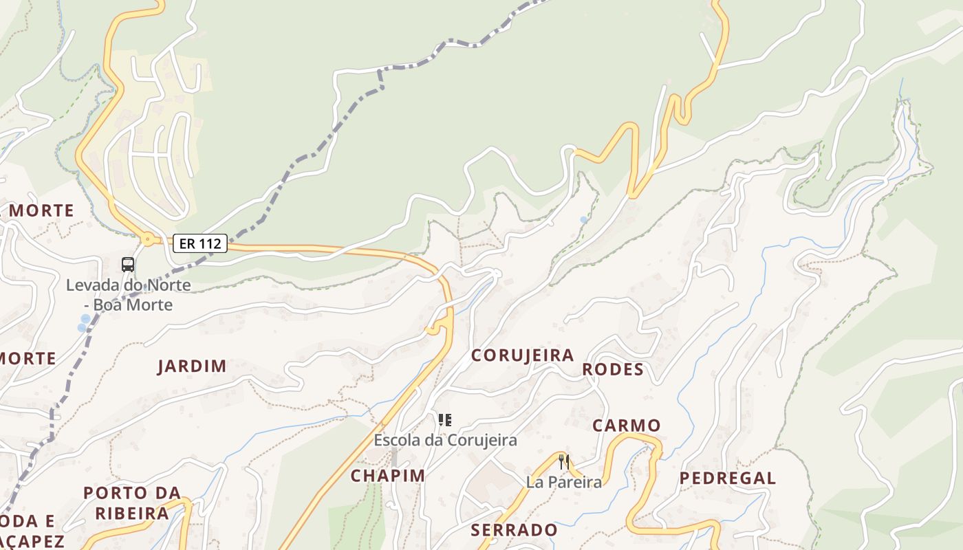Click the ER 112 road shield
pyautogui.click(x=200, y=243)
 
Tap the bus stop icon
pyautogui.click(x=128, y=264)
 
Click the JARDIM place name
pyautogui.click(x=192, y=366)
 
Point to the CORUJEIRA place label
pyautogui.click(x=522, y=355)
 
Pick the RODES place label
pyautogui.click(x=613, y=370)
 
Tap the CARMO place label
pyautogui.click(x=627, y=426)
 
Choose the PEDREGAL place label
pyautogui.click(x=728, y=478)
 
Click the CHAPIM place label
pyautogui.click(x=388, y=476)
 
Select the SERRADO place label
pyautogui.click(x=515, y=530)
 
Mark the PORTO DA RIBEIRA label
pyautogui.click(x=132, y=503)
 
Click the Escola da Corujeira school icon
pyautogui.click(x=445, y=419)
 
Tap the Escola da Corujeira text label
pyautogui.click(x=445, y=440)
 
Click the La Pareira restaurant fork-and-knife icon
pyautogui.click(x=564, y=462)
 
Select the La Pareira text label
pyautogui.click(x=564, y=483)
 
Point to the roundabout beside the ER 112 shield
pyautogui.click(x=147, y=241)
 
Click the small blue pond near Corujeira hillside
pyautogui.click(x=584, y=220)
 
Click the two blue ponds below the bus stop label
pyautogui.click(x=83, y=323)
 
